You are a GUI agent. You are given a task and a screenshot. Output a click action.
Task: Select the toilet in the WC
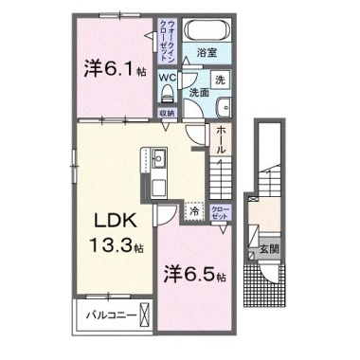[169, 93]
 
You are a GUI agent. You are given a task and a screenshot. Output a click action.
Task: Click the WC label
[166, 77]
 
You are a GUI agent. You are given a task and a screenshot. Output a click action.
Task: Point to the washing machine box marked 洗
[220, 80]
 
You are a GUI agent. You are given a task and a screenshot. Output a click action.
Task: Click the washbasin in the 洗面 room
[224, 104]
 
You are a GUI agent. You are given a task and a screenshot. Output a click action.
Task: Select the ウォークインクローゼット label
[159, 41]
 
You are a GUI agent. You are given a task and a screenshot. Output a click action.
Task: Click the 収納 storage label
[166, 113]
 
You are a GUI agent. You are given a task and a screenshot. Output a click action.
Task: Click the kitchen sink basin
[159, 156]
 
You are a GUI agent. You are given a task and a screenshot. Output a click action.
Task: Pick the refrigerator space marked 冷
[194, 214]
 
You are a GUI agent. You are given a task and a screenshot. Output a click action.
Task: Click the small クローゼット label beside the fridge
[220, 213]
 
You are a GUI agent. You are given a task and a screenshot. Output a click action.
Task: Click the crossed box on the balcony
[144, 314]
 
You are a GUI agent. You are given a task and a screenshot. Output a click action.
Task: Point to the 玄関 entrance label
[268, 249]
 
